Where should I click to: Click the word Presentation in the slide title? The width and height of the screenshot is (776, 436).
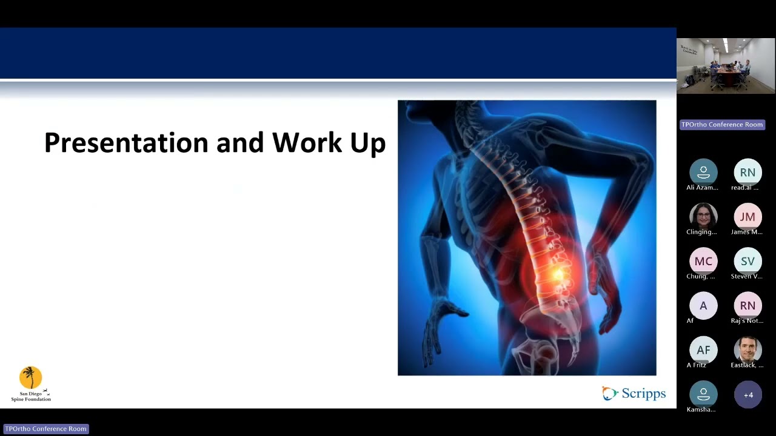[126, 144]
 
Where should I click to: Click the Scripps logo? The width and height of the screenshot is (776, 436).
[634, 394]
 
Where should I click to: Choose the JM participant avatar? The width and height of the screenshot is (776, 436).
[748, 217]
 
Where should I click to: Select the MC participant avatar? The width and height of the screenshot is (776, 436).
[703, 261]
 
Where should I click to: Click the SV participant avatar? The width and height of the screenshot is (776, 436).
[748, 261]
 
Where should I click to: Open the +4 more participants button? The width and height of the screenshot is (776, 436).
[748, 395]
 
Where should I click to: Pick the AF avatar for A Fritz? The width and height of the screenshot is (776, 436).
[703, 350]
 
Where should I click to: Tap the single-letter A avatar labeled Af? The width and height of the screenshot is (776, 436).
[703, 306]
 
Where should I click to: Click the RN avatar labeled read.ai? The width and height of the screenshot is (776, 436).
[748, 173]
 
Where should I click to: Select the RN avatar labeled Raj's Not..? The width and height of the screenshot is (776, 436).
[748, 306]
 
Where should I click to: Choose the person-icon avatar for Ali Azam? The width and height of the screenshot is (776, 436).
[703, 173]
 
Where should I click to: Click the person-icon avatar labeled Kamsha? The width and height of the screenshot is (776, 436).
[703, 395]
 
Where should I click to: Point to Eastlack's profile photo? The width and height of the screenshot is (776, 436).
[748, 350]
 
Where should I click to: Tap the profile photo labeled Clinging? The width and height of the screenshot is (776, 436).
[703, 217]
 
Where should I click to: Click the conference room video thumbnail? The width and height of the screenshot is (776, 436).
[726, 65]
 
